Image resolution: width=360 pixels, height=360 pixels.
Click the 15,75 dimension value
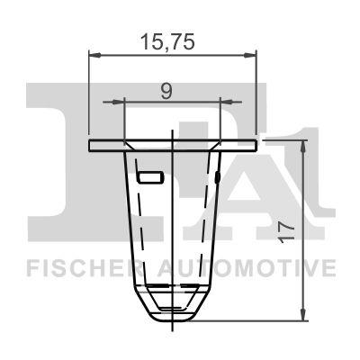(x=168, y=41)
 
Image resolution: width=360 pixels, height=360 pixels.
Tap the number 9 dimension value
(x=166, y=92)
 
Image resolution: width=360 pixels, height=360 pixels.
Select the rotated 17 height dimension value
(x=285, y=232)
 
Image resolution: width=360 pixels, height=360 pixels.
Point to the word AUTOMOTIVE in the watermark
(x=247, y=268)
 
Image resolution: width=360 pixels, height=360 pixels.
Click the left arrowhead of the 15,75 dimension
(x=94, y=55)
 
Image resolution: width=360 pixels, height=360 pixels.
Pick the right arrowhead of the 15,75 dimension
(x=251, y=55)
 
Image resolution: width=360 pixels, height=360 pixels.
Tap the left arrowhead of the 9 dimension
(x=118, y=102)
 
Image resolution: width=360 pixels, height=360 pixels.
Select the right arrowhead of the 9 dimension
(x=226, y=102)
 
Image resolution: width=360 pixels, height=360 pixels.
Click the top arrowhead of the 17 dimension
(x=303, y=146)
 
